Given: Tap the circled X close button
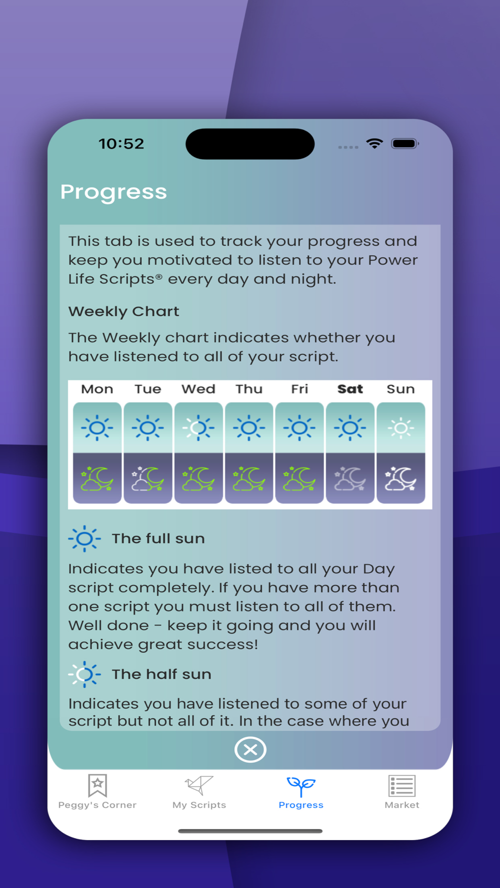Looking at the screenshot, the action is (x=250, y=749).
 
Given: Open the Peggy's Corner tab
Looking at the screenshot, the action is (x=97, y=792).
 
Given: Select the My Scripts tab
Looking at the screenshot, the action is (x=199, y=792).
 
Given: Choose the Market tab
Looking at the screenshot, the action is (x=402, y=792).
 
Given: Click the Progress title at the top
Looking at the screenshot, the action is (x=113, y=192).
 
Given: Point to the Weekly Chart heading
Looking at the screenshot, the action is (x=123, y=311).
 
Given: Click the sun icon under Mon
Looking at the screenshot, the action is (x=97, y=428).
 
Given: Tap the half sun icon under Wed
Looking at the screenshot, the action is (x=198, y=428).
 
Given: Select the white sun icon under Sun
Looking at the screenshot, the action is (x=400, y=428).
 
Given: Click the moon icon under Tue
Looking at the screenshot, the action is (x=148, y=479).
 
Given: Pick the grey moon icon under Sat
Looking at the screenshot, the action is (x=350, y=479).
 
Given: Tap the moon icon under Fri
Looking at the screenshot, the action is (x=299, y=479).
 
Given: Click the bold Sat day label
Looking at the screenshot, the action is (x=350, y=389).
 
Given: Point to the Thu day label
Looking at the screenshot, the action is (x=249, y=389).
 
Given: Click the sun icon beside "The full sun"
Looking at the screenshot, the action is (x=84, y=538).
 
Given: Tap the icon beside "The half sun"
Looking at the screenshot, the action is (x=84, y=674).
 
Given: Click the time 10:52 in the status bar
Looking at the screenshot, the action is (x=121, y=144).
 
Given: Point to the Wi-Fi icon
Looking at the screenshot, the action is (x=374, y=143).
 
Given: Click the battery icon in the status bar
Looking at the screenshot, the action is (x=405, y=144).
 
